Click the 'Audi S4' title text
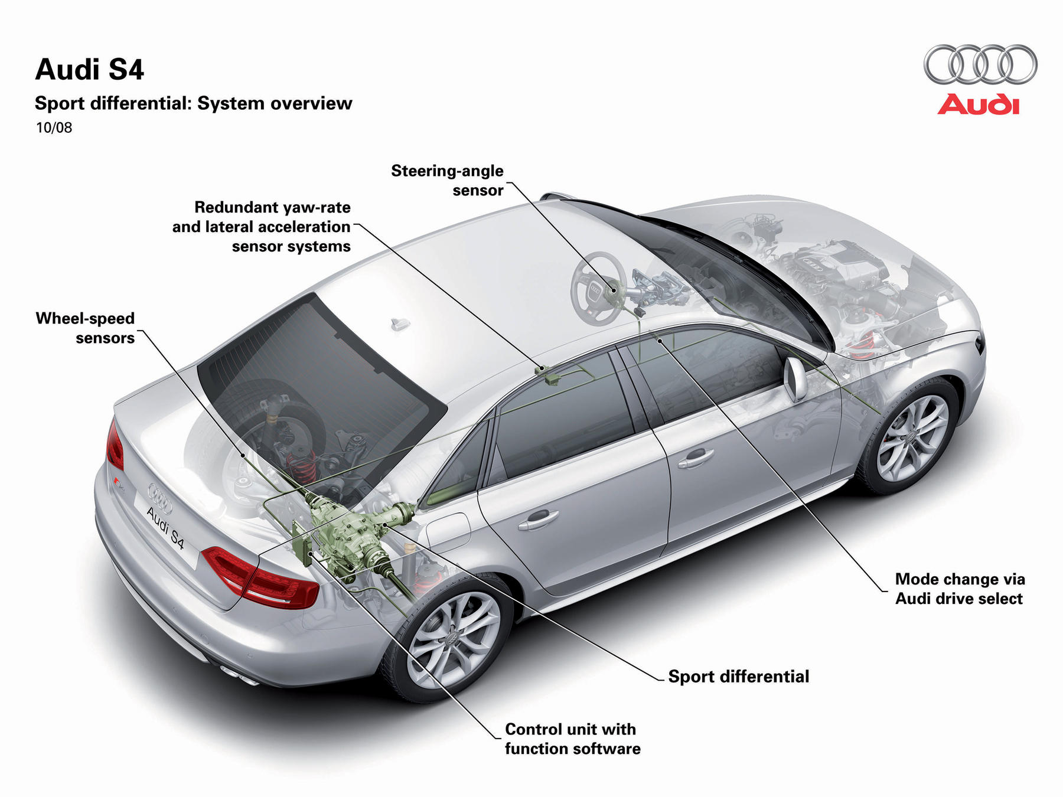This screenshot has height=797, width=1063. pos(90,70)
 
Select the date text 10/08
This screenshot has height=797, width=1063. pos(54,128)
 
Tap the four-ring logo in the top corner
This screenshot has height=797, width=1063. pos(980,64)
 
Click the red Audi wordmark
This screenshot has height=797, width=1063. pos(979,104)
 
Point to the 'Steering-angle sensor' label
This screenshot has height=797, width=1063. pos(447,180)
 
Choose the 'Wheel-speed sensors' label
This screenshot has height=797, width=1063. pos(85,328)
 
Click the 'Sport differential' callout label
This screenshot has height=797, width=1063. pos(738,676)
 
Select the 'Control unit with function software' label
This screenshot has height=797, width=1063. pos(572,739)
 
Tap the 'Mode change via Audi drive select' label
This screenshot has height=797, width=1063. pos(960,589)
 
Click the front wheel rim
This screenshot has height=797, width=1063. pos(912,437)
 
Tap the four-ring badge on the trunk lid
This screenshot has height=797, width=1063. pos(159,498)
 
